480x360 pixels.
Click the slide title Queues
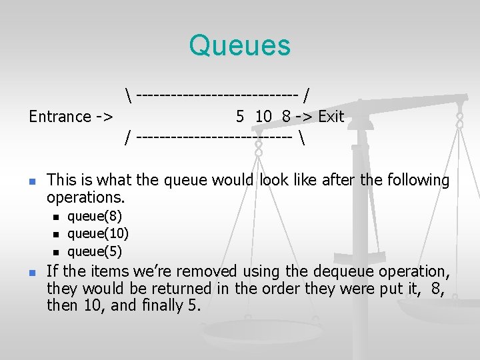(240, 45)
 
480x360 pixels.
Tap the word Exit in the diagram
(331, 117)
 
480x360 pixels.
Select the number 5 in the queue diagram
(240, 117)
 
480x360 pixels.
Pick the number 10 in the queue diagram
(263, 117)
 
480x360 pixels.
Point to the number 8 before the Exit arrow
(286, 117)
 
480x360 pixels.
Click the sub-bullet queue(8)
(95, 216)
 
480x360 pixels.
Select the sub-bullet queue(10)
(98, 233)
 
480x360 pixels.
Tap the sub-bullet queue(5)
(95, 251)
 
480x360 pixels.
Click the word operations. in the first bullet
(86, 198)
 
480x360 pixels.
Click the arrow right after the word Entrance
(103, 117)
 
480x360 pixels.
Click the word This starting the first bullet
(62, 180)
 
